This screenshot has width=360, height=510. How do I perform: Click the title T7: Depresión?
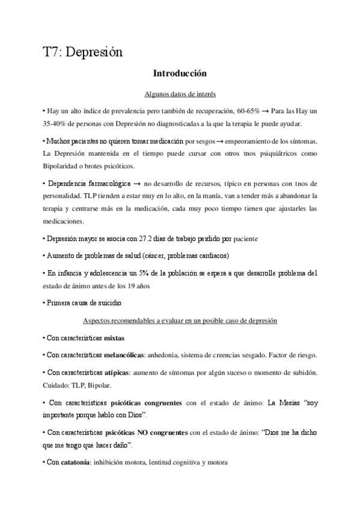pos(83,52)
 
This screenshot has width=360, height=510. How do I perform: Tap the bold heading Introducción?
pos(180,74)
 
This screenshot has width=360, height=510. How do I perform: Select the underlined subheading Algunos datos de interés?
pos(180,94)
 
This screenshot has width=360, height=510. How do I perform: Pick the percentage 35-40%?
pos(56,124)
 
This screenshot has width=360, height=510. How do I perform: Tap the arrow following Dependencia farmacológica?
pos(136,183)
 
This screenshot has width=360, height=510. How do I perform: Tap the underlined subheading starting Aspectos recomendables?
pos(180,321)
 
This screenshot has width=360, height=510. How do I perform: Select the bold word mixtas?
pos(114,338)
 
